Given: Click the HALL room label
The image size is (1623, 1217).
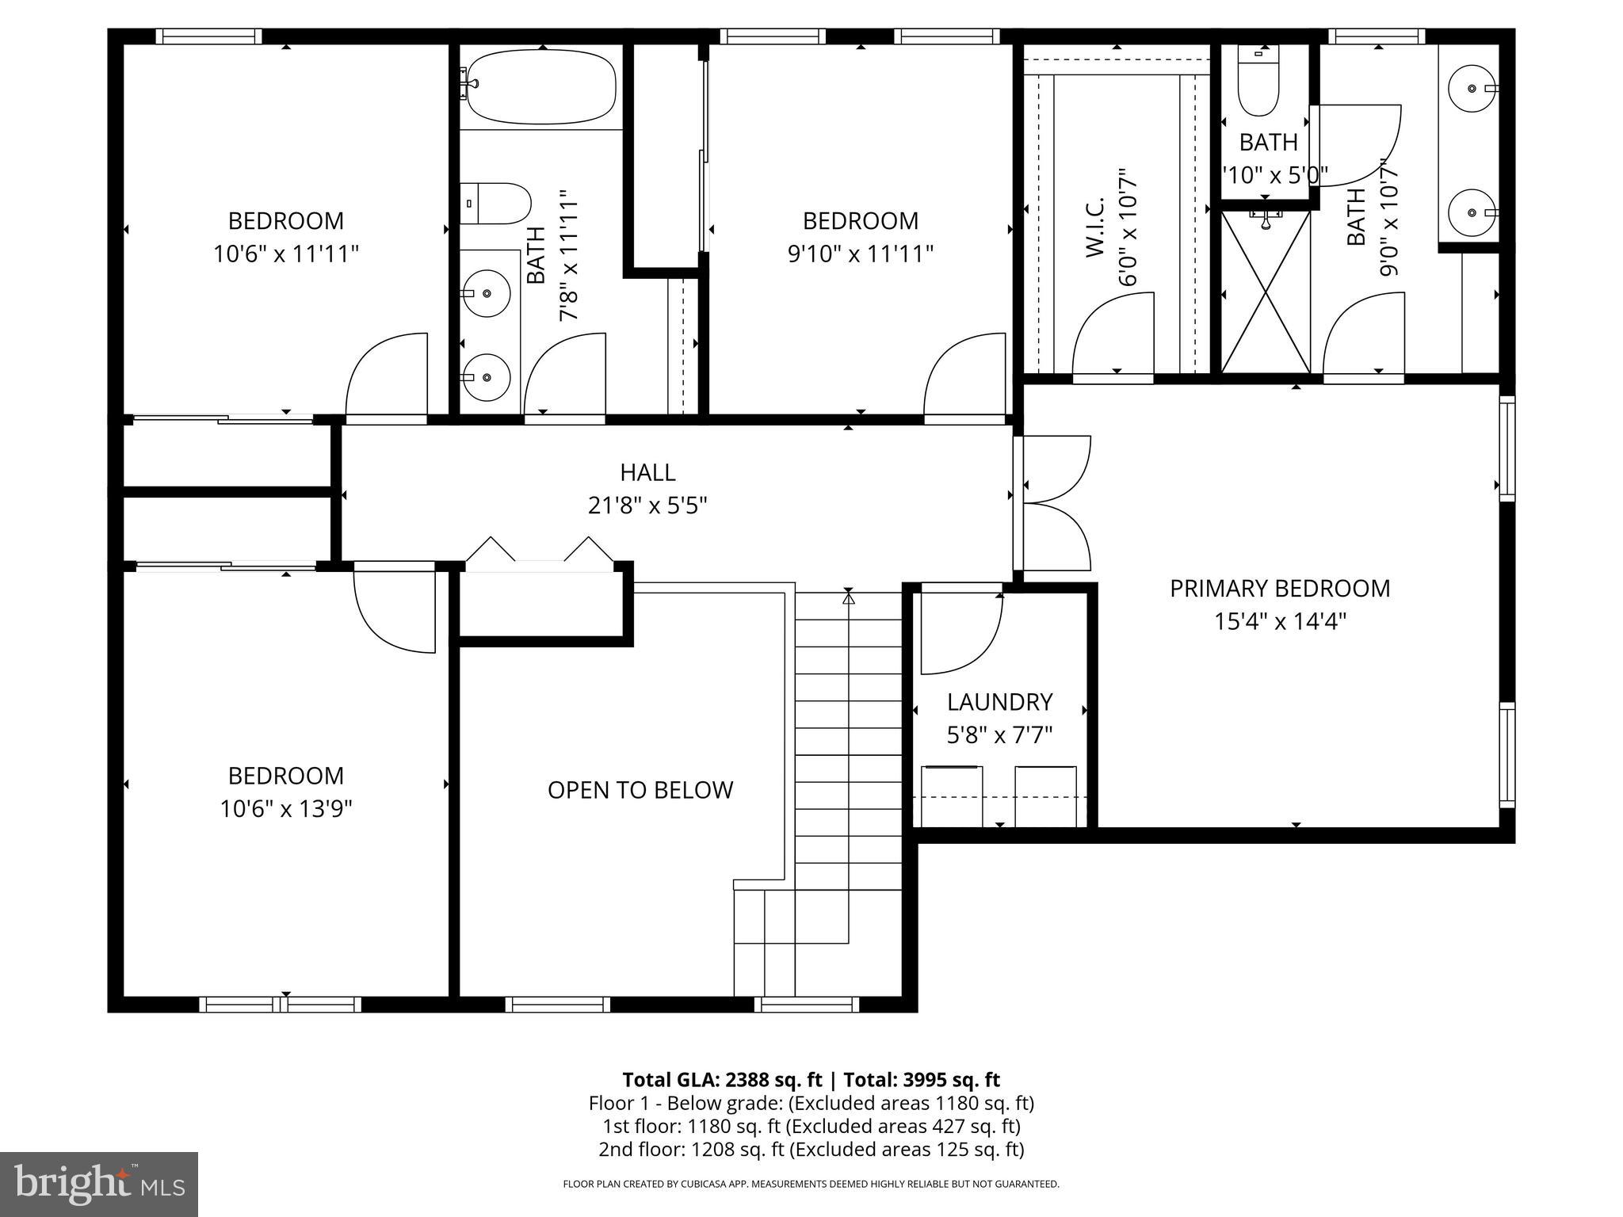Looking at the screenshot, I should [x=647, y=472].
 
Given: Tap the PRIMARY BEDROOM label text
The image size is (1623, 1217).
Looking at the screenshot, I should [x=1279, y=589].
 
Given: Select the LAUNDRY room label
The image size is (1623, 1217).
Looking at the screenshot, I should [x=999, y=702].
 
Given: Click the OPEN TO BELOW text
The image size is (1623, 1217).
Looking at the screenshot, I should [x=640, y=790].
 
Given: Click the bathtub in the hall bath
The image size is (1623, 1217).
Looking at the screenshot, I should [x=541, y=87].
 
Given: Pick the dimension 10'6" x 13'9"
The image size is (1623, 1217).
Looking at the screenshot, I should [x=285, y=809].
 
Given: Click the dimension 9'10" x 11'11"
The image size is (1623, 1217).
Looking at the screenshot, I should [x=860, y=254].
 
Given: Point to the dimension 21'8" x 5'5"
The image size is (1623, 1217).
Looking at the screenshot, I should [x=647, y=505].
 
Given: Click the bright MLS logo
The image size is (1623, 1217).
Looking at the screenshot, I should [x=99, y=1184].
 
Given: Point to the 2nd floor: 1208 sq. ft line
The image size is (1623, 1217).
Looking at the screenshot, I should [x=811, y=1149].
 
